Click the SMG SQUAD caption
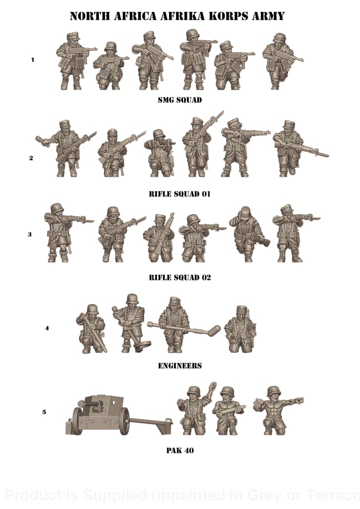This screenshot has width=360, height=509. click(180, 100)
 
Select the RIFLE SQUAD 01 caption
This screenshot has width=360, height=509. click(180, 194)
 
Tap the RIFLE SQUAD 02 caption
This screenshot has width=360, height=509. click(180, 277)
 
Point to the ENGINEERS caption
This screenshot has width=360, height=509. click(180, 366)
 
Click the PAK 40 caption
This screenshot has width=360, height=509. click(180, 451)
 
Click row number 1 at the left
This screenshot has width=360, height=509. click(33, 60)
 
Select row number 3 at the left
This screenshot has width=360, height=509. click(30, 234)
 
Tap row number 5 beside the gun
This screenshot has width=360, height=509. click(44, 412)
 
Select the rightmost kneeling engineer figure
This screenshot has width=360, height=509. click(240, 330)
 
